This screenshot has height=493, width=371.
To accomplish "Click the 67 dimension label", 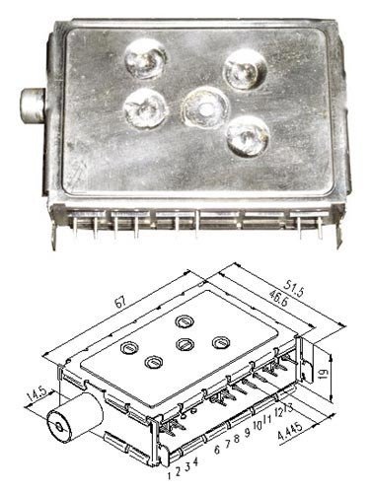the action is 121,302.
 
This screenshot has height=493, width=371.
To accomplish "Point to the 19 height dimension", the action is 324,373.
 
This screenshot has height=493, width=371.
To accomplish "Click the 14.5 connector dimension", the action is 38,395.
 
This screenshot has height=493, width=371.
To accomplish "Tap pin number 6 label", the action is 217,450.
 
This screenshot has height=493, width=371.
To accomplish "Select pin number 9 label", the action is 247,434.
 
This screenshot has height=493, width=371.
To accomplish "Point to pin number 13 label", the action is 288,408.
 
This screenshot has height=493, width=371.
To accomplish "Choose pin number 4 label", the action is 195,461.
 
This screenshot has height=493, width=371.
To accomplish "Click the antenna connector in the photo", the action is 33,106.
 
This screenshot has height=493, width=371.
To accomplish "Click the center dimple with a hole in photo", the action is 205,107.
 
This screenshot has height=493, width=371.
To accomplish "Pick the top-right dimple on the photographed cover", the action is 245,70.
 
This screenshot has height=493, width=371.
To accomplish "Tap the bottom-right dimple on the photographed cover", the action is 248,137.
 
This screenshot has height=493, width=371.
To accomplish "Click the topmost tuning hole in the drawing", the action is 185,321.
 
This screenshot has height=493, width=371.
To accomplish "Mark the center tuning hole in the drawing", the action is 185,344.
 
